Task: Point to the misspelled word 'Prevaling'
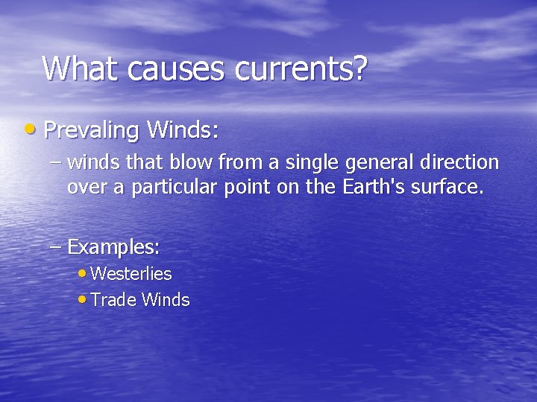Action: (91, 131)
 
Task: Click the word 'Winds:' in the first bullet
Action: (183, 130)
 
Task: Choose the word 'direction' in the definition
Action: (462, 163)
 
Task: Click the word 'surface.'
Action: (453, 186)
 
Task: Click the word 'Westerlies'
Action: (131, 274)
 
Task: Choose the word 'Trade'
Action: (113, 300)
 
